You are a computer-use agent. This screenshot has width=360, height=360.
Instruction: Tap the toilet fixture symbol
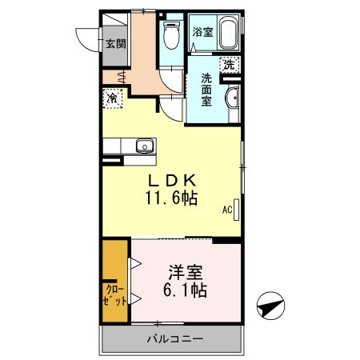[170, 34]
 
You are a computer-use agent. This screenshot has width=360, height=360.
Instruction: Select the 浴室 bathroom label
[202, 33]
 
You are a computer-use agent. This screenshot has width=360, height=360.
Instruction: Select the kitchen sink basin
[145, 146]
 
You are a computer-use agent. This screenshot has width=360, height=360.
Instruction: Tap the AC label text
[226, 210]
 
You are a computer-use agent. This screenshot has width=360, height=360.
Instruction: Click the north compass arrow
[270, 305]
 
